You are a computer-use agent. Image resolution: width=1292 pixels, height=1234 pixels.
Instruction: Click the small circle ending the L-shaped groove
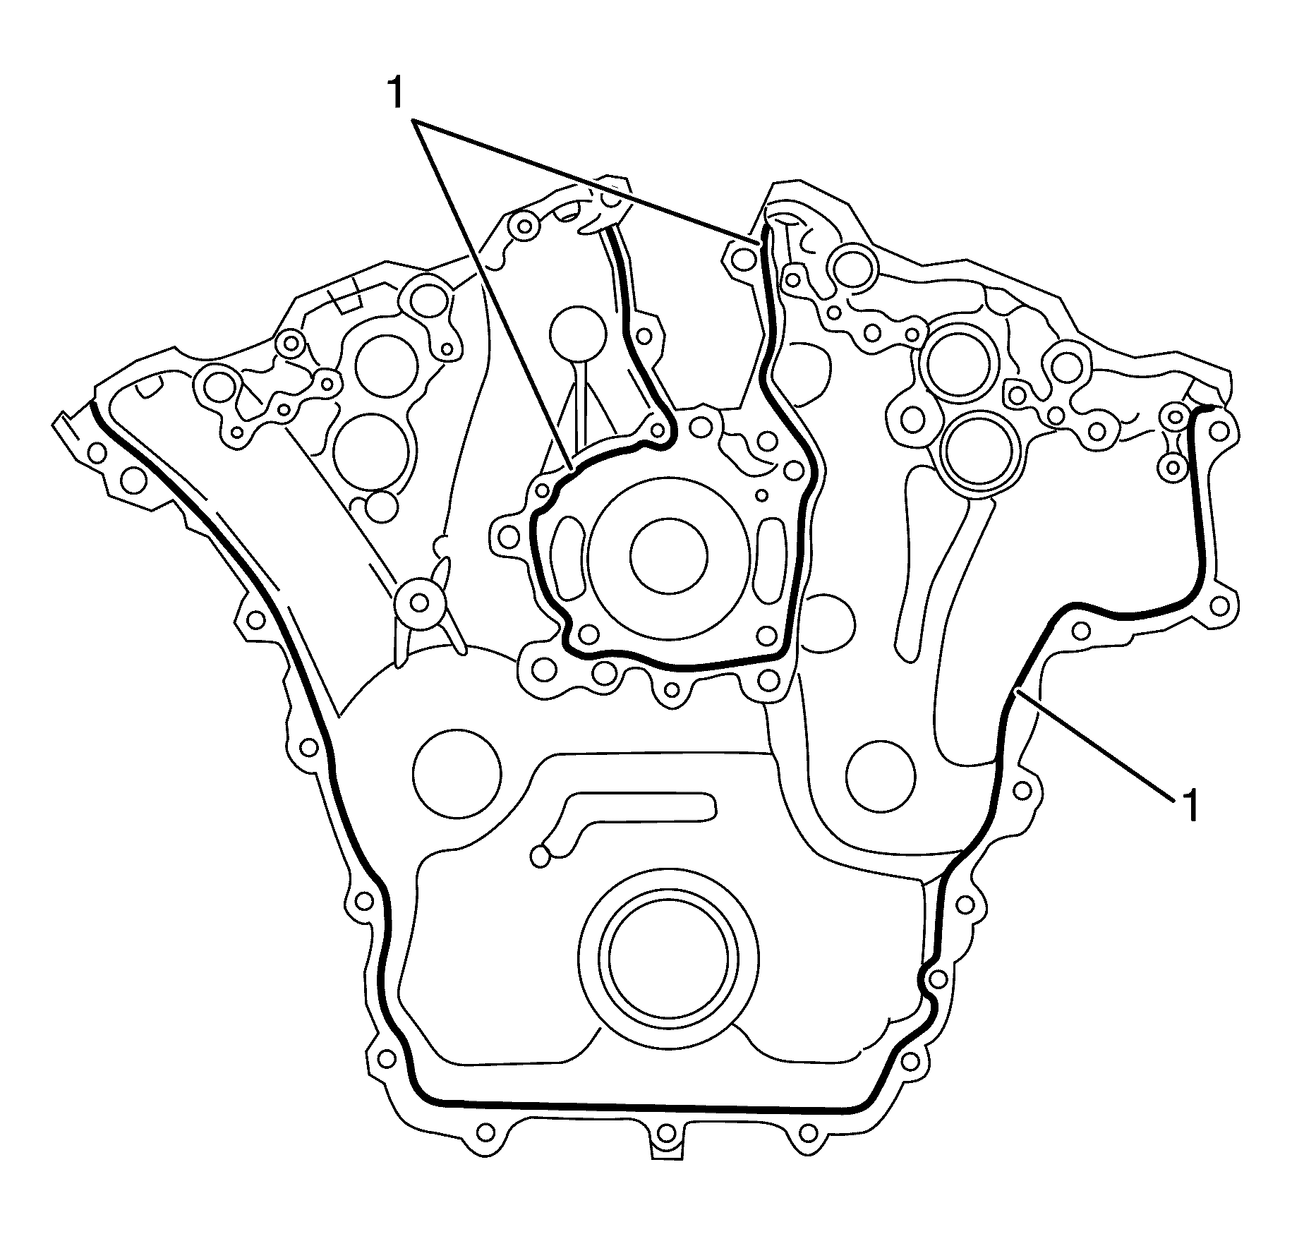click(540, 856)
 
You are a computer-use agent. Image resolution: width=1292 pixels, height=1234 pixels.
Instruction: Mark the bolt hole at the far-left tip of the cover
click(97, 452)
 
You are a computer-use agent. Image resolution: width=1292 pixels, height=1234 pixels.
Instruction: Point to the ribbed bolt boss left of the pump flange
click(418, 603)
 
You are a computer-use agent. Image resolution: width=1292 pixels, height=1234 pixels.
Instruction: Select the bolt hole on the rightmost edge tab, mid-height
click(1219, 605)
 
